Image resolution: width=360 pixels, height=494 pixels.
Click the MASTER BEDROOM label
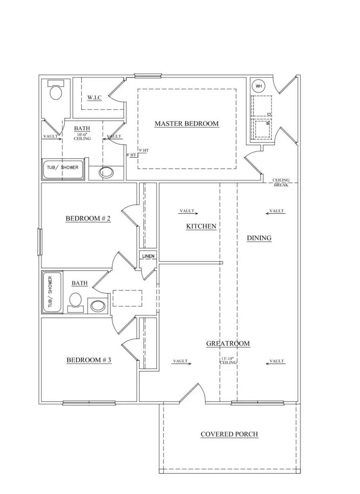tap(186, 124)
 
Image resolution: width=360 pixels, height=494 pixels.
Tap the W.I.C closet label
tap(94, 98)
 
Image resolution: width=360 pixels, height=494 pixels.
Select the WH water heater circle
tap(259, 86)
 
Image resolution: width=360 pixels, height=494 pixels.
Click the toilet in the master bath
tap(56, 92)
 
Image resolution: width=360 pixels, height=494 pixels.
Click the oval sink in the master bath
tap(106, 173)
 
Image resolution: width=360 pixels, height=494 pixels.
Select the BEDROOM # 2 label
tap(88, 219)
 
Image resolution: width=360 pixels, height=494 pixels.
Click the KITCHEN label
tap(201, 226)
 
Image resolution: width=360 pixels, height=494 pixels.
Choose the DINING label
tap(259, 238)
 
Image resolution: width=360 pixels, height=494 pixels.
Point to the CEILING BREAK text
tap(281, 183)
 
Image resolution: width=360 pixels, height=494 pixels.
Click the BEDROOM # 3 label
tap(88, 360)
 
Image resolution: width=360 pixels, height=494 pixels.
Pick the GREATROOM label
tap(228, 343)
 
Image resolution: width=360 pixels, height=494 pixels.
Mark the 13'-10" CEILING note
tap(228, 361)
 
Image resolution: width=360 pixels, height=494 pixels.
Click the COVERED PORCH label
tap(229, 434)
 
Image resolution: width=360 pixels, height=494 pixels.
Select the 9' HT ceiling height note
tap(144, 150)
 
